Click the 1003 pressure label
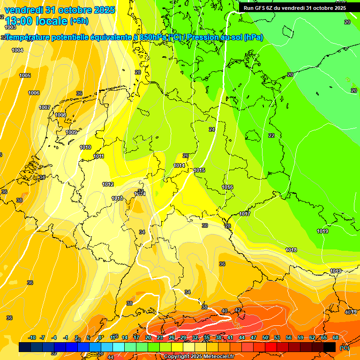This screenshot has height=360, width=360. click(10, 28)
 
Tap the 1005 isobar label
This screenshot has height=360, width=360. click(25, 75)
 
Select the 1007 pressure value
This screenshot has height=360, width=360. click(45, 107)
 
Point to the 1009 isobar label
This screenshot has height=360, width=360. click(71, 132)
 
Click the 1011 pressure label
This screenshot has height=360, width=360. click(99, 156)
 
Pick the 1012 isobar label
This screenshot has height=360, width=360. click(108, 184)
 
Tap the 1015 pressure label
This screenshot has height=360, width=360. click(199, 170)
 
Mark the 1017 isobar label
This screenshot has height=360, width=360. click(245, 214)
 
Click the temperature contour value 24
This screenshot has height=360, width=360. click(212, 129)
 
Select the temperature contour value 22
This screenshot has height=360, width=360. click(271, 135)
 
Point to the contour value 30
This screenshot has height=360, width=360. click(205, 225)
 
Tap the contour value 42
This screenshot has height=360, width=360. click(238, 310)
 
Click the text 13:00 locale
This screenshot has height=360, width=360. click(36, 21)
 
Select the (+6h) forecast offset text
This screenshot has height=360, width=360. click(79, 21)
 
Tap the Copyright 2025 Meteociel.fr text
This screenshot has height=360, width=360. click(199, 356)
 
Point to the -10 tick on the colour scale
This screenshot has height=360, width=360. click(32, 337)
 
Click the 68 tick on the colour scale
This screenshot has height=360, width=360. click(336, 337)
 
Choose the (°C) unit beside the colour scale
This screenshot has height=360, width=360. click(344, 347)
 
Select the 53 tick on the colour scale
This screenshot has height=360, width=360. click(277, 337)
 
